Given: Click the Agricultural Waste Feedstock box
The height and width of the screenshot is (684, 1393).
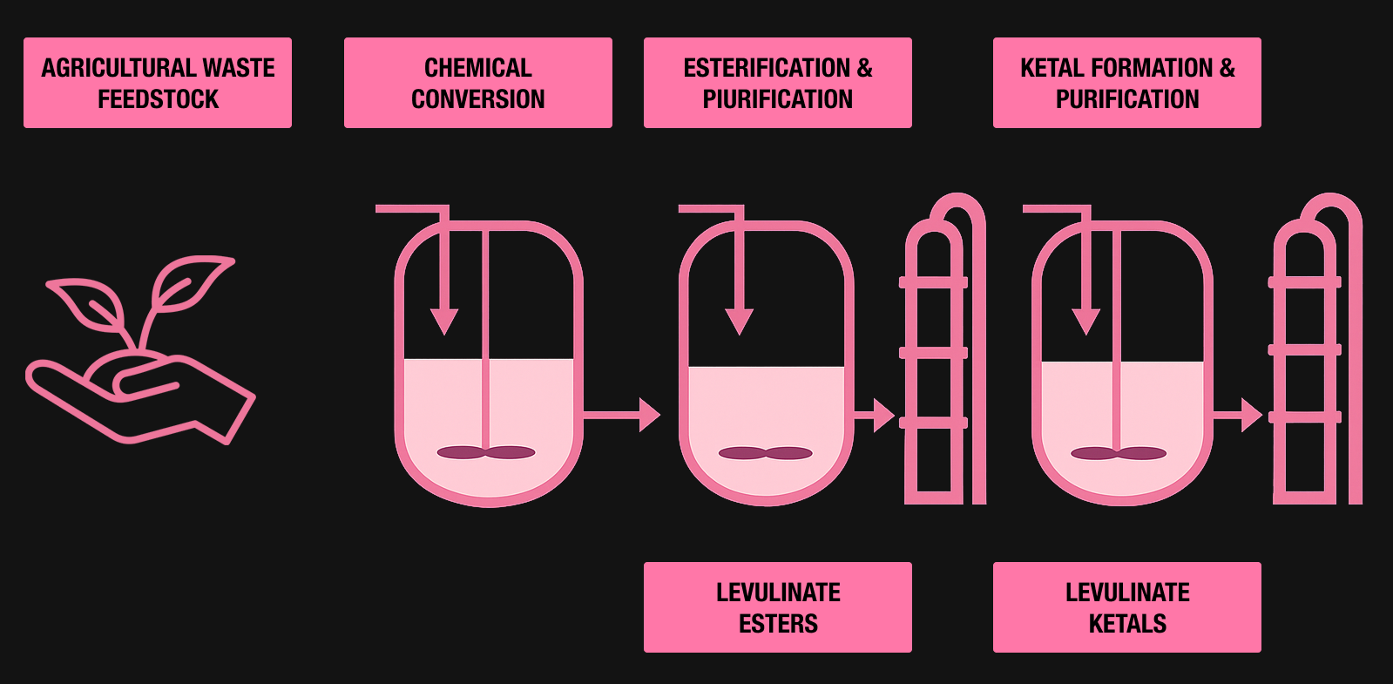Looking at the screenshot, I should [x=157, y=83].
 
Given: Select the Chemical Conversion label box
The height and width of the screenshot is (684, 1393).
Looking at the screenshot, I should [x=477, y=83].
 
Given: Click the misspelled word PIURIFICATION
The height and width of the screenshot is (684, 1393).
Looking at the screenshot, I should [x=778, y=99].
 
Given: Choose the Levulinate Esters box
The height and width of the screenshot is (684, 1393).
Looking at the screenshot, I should [x=777, y=607].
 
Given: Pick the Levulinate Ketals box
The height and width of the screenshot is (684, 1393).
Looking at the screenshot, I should [x=1126, y=607].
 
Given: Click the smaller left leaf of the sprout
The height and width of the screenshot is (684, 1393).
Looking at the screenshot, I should [x=87, y=305].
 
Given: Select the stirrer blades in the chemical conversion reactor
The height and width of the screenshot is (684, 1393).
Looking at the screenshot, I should [x=485, y=452].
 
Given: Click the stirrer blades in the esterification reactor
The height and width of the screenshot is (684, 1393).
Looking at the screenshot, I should [x=765, y=453].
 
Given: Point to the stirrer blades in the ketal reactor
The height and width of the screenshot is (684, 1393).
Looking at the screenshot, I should [x=1118, y=453].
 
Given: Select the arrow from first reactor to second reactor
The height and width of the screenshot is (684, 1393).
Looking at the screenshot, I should [x=623, y=415].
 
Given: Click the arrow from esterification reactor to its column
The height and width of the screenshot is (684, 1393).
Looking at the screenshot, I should [x=875, y=415].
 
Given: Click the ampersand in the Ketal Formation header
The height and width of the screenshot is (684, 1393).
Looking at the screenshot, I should [x=1227, y=68].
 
